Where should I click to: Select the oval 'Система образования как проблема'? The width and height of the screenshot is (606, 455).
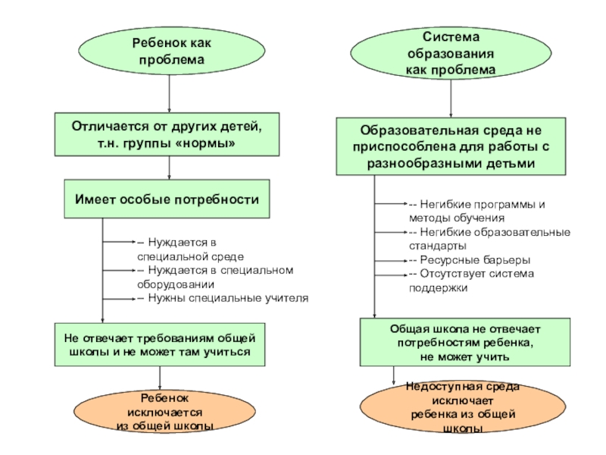coord(451,53)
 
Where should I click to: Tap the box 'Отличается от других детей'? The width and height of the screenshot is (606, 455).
coord(166,134)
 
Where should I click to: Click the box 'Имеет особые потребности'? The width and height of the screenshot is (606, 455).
coord(167,199)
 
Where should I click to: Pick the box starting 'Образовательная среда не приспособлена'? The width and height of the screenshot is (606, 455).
coord(451,146)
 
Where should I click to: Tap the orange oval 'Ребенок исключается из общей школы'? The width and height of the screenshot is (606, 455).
coord(159,413)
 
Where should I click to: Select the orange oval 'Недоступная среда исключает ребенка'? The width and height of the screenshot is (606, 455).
coord(463,408)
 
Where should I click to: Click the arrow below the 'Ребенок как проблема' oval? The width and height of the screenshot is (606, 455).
coord(169,95)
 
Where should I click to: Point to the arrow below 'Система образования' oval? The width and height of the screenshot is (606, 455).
coord(451,98)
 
